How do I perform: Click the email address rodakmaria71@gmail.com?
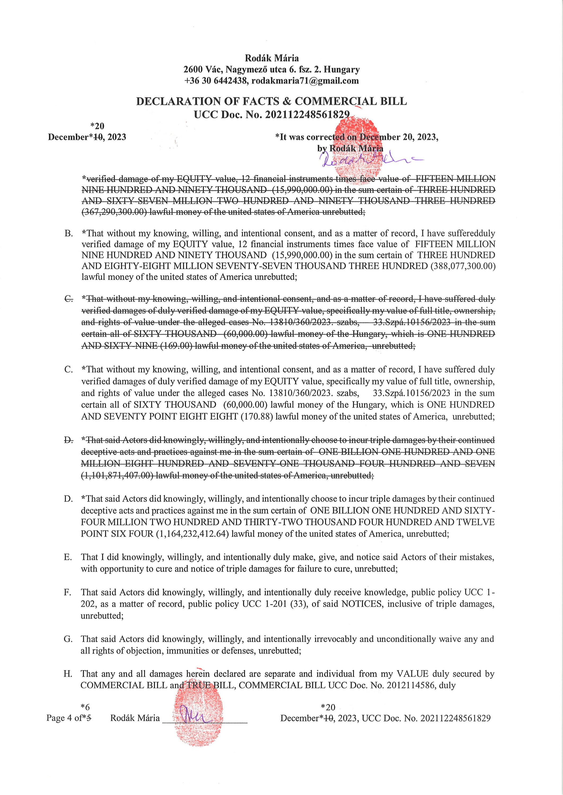pyautogui.click(x=305, y=81)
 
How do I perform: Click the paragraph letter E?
pyautogui.click(x=67, y=557)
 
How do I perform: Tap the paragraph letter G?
pyautogui.click(x=68, y=639)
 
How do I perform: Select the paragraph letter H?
pyautogui.click(x=68, y=674)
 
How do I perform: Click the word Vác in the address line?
pyautogui.click(x=213, y=70)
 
